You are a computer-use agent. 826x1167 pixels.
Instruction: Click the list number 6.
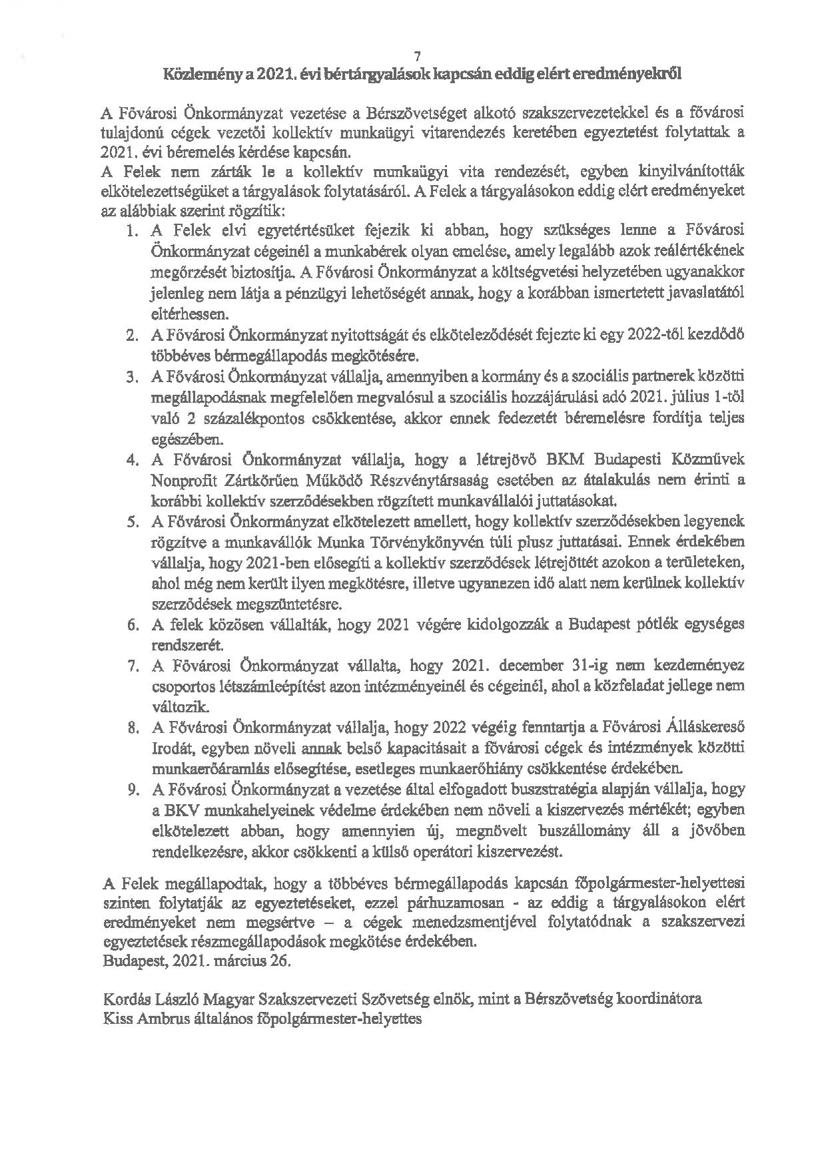[132, 624]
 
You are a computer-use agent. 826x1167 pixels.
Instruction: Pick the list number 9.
[132, 790]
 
